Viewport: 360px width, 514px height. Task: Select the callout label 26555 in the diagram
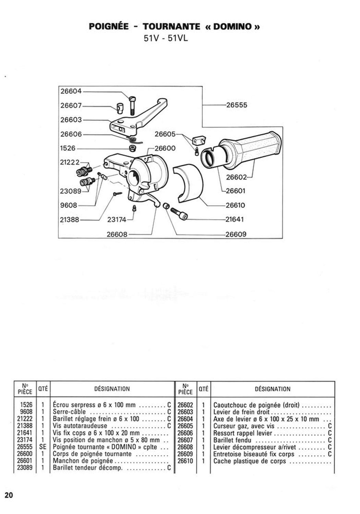click(x=237, y=105)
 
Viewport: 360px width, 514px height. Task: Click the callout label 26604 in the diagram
click(x=71, y=91)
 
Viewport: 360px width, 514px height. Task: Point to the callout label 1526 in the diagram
click(x=68, y=148)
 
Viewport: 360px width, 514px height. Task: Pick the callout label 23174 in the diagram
click(x=117, y=220)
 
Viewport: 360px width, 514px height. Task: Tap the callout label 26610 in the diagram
click(x=235, y=205)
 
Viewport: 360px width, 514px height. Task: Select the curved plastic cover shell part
click(x=188, y=184)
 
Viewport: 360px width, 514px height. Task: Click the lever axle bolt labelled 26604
click(x=133, y=106)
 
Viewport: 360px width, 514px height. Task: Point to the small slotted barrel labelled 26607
click(x=119, y=108)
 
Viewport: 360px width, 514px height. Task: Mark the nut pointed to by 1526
click(x=132, y=148)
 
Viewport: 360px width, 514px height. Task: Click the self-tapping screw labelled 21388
click(x=118, y=194)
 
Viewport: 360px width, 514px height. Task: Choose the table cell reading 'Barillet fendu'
click(x=232, y=440)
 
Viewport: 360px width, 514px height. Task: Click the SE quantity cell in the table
click(x=43, y=447)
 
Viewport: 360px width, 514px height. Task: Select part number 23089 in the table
click(x=25, y=468)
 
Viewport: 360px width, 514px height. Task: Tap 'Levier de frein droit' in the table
click(x=241, y=412)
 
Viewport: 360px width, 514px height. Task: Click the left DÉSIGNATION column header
click(x=112, y=389)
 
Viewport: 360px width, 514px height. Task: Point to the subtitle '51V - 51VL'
click(x=166, y=38)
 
